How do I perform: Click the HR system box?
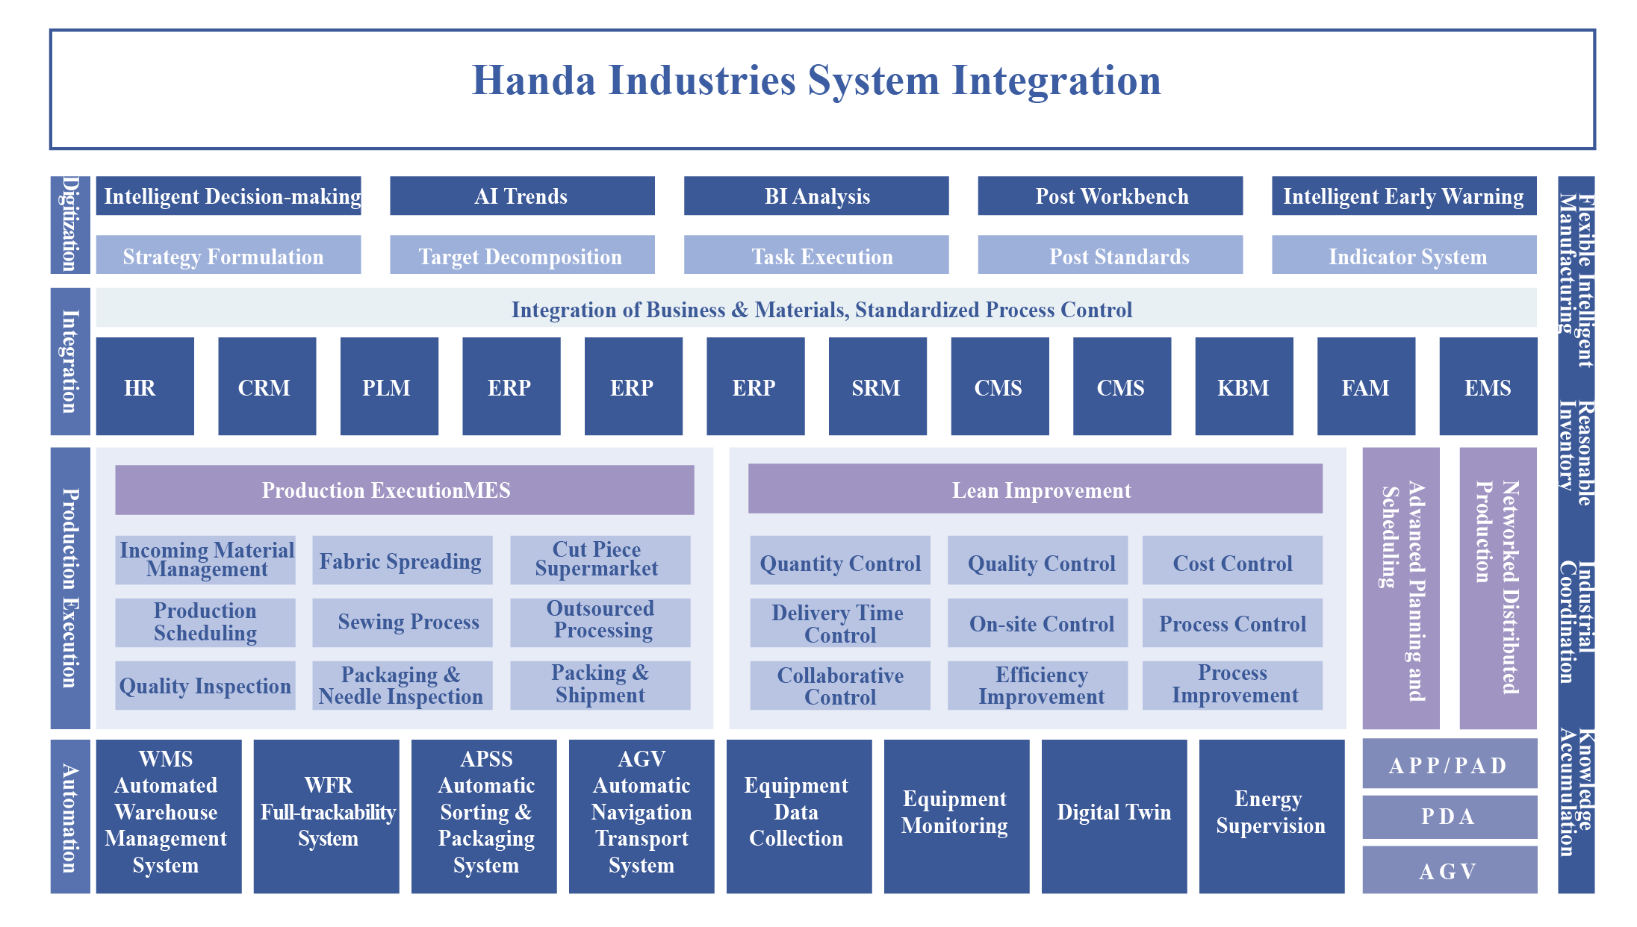145,386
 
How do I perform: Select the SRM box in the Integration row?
877,386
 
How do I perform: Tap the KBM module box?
1244,386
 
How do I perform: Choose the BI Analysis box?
816,196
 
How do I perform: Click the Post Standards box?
1111,255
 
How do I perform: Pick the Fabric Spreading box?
403,560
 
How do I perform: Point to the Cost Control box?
1232,560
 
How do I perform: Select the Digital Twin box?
1114,817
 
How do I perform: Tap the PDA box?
1450,817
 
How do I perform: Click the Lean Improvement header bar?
1035,489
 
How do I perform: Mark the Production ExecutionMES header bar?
405,490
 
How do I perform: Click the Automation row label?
70,817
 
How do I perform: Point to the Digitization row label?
70,225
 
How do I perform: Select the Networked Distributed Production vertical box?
1498,588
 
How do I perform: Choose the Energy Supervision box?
1272,817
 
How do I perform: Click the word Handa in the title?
534,81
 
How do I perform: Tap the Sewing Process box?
403,622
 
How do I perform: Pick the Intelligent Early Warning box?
1404,196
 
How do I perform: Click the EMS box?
1488,386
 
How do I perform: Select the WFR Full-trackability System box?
326,817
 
